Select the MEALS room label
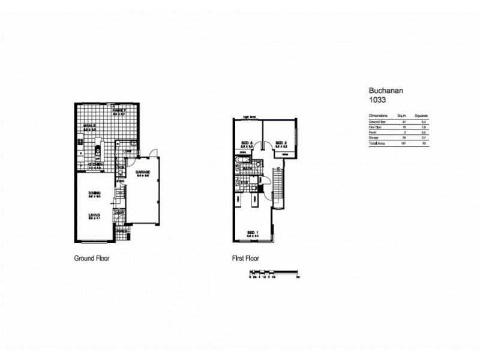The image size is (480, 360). [x=89, y=126]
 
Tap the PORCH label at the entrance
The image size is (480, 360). [x=121, y=231]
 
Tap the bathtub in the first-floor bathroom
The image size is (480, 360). [x=241, y=161]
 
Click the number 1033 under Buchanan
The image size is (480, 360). [x=376, y=101]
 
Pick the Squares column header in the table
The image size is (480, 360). [x=420, y=115]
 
